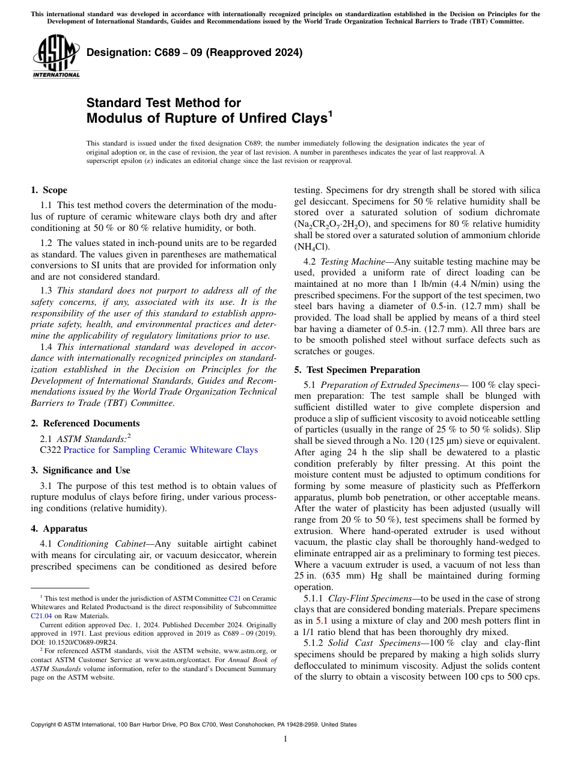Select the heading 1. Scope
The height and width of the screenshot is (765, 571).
point(49,190)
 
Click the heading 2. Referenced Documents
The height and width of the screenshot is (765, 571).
point(85,423)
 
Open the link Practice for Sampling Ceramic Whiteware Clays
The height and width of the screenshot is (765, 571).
point(160,450)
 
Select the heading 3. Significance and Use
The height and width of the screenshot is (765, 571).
point(80,470)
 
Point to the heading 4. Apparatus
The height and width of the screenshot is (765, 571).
point(59,529)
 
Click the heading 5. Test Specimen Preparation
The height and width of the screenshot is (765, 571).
point(357,369)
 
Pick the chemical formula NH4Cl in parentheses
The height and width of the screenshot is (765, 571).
point(310,246)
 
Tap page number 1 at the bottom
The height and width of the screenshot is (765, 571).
point(285,739)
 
